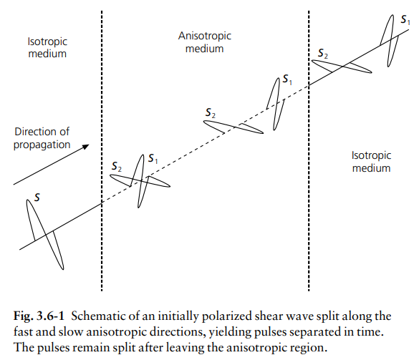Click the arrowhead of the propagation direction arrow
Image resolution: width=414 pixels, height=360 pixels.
tap(86, 147)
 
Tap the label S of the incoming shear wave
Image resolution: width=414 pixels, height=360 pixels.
tap(37, 198)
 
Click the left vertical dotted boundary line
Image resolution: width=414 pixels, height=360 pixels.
tap(102, 151)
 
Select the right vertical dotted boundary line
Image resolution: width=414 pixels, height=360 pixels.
tap(309, 151)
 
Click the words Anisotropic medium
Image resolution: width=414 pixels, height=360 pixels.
tap(205, 42)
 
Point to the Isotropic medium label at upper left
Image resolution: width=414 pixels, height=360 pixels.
tap(47, 47)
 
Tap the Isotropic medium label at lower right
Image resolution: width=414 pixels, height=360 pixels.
tap(371, 162)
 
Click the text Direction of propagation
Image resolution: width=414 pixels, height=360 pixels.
tap(42, 138)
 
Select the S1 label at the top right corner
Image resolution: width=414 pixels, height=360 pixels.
tap(405, 19)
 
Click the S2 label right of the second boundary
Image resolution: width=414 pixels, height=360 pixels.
tap(322, 53)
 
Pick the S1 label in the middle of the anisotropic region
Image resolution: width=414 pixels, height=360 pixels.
tap(287, 79)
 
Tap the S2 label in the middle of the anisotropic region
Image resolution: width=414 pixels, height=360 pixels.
tap(211, 112)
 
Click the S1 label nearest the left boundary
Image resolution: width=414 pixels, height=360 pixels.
tap(153, 158)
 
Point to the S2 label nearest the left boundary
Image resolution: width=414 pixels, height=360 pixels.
tap(117, 167)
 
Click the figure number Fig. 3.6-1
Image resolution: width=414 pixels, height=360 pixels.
tap(39, 316)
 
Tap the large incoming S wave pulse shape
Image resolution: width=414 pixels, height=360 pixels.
tap(45, 234)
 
